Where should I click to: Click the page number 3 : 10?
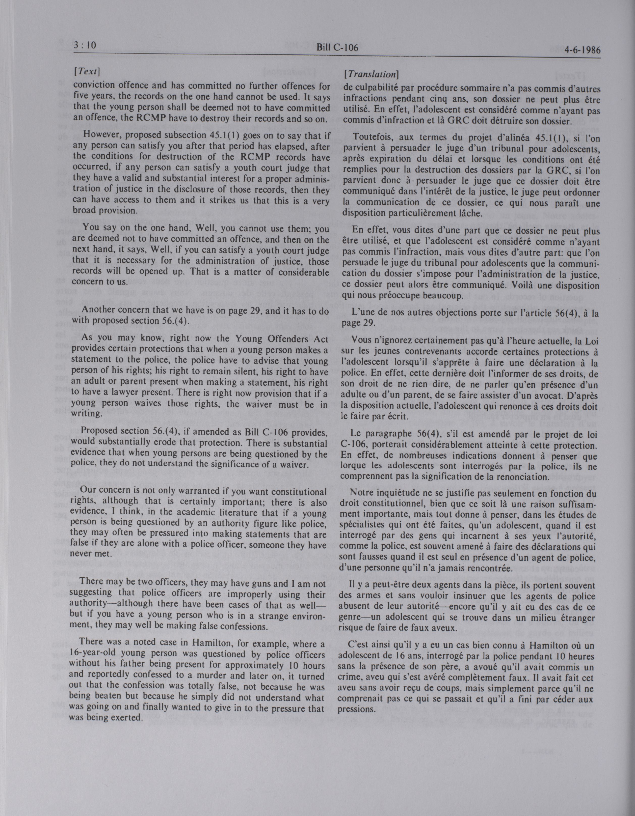coord(85,46)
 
